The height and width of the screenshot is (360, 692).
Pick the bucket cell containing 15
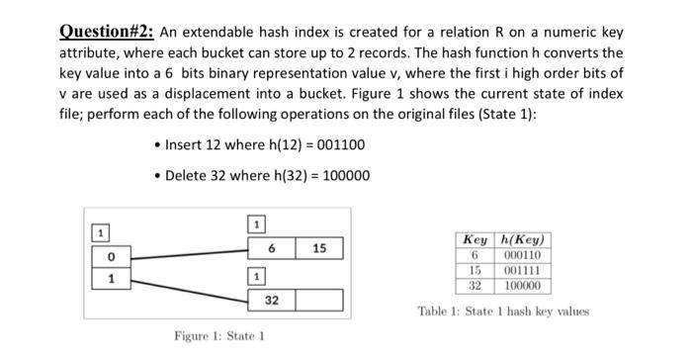[x=319, y=246]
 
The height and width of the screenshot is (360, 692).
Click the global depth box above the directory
[x=99, y=232]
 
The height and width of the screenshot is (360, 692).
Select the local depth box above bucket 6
[x=254, y=224]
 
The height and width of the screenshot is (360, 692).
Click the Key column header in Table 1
[x=476, y=240]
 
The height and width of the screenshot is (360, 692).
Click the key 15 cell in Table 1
[x=475, y=269]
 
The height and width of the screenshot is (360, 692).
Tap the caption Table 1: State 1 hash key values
[x=503, y=311]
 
